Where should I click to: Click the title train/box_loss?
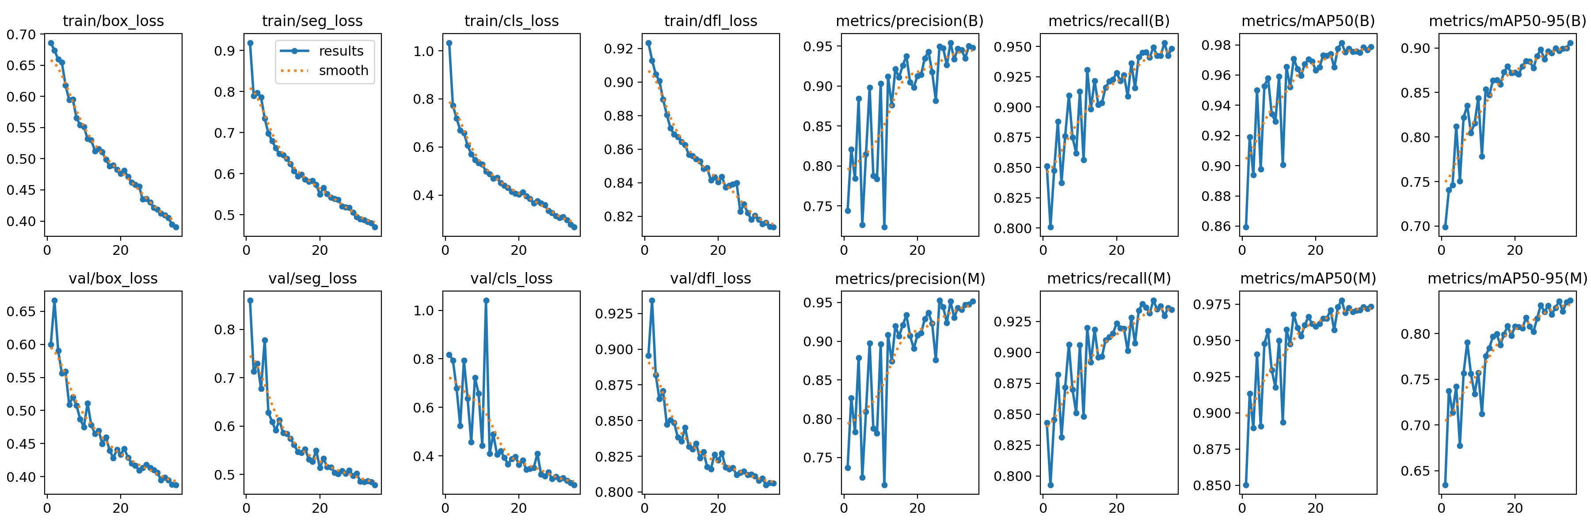tap(113, 21)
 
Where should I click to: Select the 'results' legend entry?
tap(341, 51)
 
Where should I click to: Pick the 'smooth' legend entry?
tap(343, 71)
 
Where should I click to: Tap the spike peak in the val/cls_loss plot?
tap(486, 300)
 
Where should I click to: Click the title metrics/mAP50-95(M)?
tap(1507, 279)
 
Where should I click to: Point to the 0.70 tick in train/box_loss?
tap(21, 34)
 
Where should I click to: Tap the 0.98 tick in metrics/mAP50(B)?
tap(1215, 45)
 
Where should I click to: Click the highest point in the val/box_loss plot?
tap(54, 300)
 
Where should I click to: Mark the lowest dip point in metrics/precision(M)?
tap(884, 485)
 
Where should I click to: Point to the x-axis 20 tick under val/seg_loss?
tap(320, 508)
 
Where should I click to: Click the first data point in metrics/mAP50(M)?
tap(1246, 485)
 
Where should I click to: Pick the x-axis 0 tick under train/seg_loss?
tap(247, 250)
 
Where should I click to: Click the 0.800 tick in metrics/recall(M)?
tap(1012, 476)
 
